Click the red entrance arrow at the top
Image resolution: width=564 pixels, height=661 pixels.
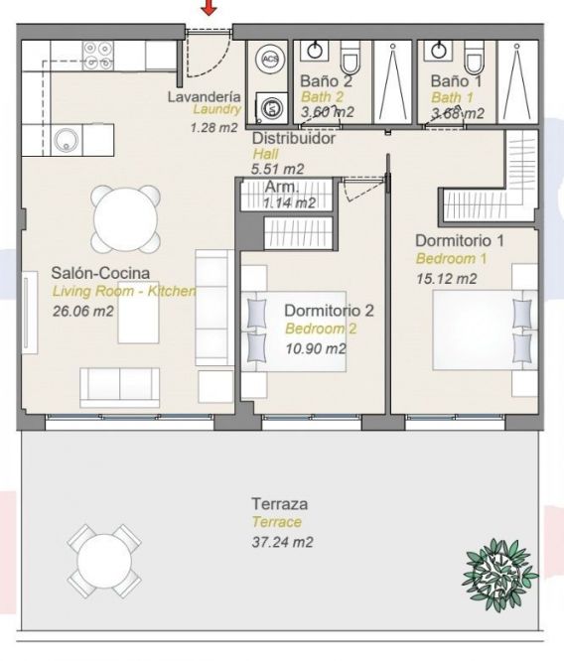209,7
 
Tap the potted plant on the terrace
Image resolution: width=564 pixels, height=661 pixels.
499,575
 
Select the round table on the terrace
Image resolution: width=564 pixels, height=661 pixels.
103,561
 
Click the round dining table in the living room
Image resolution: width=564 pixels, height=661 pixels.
126,219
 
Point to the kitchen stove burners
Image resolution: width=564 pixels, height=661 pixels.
98,55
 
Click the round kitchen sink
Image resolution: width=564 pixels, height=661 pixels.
67,141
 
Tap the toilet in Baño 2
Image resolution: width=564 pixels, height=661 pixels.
350,58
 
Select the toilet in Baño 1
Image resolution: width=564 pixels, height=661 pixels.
474,58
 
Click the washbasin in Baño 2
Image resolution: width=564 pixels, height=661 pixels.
315,51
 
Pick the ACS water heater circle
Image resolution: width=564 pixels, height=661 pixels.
270,59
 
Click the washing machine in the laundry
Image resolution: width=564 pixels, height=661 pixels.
272,107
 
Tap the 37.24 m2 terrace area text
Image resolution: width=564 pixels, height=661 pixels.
282,542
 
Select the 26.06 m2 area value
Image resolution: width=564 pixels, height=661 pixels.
83,311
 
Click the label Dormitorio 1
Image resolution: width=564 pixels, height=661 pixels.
460,241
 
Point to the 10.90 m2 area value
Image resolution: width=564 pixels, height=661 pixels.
316,348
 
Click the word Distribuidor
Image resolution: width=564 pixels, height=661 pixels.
294,138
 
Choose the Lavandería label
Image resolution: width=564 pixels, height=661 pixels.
205,96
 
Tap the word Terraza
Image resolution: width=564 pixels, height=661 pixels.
280,504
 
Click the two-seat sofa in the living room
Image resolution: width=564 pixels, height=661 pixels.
120,387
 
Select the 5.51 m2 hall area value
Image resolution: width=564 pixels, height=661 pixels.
278,169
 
